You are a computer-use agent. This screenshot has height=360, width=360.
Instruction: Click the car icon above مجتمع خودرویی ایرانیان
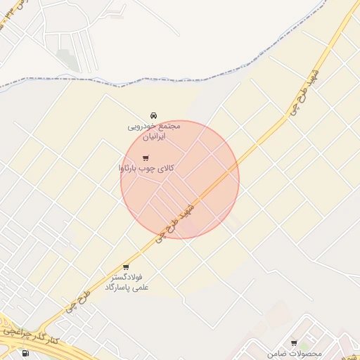click(x=154, y=115)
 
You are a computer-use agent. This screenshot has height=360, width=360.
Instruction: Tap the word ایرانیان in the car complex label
click(x=153, y=137)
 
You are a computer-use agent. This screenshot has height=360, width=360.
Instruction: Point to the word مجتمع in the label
click(x=169, y=126)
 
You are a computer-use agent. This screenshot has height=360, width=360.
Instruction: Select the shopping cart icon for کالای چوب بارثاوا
click(x=146, y=158)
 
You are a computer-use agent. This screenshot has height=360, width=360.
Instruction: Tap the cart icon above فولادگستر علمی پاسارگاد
click(x=126, y=267)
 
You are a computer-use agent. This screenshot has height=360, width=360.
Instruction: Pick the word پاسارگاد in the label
click(x=119, y=288)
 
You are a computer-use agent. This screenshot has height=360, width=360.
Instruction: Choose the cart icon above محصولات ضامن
click(x=294, y=342)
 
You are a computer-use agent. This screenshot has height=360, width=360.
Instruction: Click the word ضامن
click(x=281, y=353)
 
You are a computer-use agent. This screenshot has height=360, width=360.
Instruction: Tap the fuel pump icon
click(x=26, y=353)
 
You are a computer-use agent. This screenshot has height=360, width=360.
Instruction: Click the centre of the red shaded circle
click(x=180, y=179)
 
